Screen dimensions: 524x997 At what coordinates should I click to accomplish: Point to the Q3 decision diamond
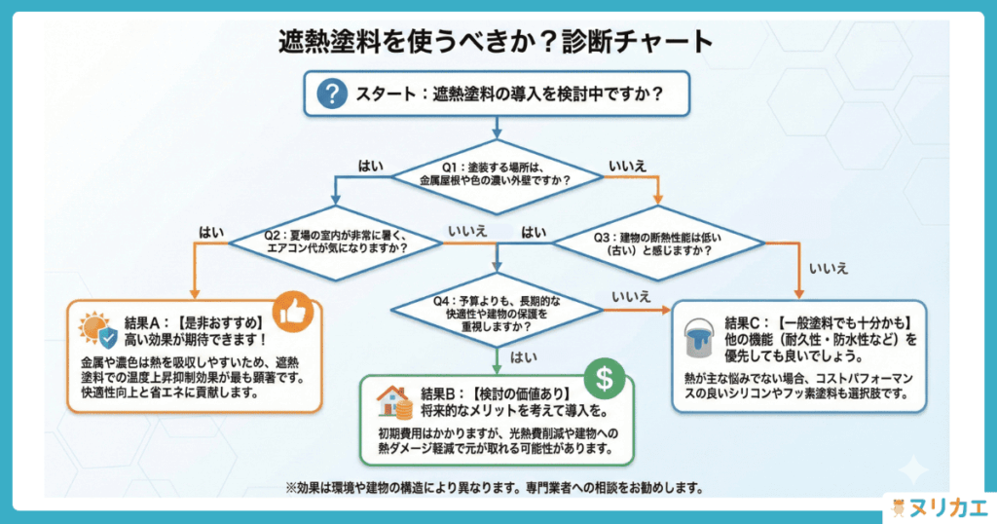[658, 243]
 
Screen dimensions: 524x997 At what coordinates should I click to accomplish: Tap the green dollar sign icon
[604, 379]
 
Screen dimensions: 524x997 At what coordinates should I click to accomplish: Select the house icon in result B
[393, 400]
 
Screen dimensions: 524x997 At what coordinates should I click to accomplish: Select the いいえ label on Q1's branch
[627, 166]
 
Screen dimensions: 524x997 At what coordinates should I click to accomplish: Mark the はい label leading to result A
[211, 232]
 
